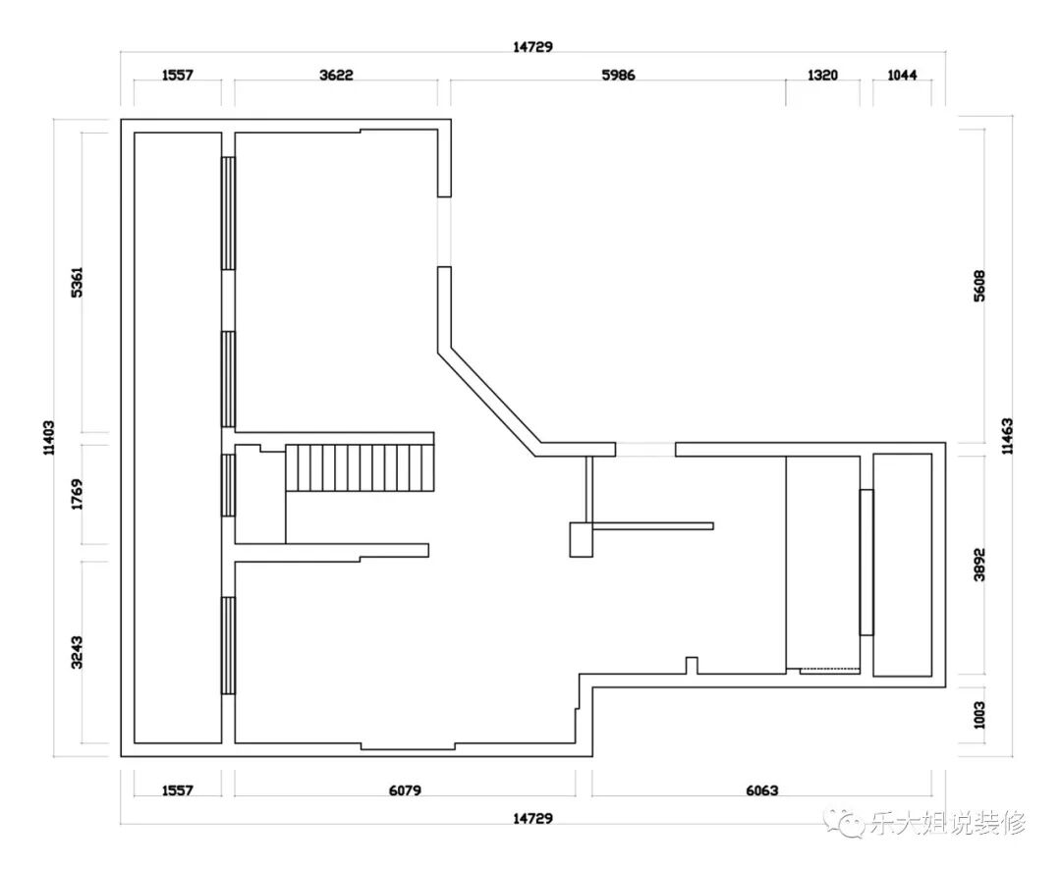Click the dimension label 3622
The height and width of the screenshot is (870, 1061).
(x=336, y=75)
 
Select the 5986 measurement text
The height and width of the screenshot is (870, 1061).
(x=619, y=75)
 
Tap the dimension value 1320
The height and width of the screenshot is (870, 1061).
(x=823, y=75)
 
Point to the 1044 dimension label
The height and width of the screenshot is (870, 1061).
(x=902, y=75)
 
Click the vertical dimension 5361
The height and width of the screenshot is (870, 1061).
(x=78, y=282)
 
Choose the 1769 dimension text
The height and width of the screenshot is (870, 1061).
(x=78, y=494)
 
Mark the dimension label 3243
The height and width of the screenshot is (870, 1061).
(x=78, y=652)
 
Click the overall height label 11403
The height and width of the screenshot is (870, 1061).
(x=49, y=438)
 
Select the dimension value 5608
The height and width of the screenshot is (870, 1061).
(x=979, y=286)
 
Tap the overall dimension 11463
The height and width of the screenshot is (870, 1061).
(x=1008, y=436)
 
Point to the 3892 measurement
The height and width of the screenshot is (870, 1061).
(x=979, y=565)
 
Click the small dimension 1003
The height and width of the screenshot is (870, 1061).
(x=979, y=715)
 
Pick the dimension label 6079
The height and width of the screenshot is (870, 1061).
(x=405, y=790)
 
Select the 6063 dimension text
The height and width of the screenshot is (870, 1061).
(x=762, y=790)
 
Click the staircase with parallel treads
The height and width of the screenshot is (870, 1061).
(x=360, y=467)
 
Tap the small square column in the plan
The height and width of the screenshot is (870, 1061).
(x=582, y=539)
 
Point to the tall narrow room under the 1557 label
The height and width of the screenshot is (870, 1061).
(x=178, y=437)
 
